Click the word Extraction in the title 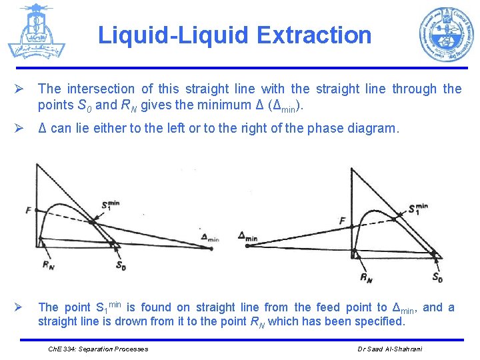click(318, 35)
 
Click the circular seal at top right click(445, 35)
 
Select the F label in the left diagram click(29, 210)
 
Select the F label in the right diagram click(342, 221)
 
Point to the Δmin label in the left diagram click(209, 237)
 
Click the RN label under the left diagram click(49, 265)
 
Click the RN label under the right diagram click(366, 277)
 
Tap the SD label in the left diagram click(121, 266)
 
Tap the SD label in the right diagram click(437, 277)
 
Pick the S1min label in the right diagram click(419, 209)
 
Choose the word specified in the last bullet click(380, 321)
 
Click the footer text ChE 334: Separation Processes click(99, 349)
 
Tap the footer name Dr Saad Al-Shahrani click(390, 349)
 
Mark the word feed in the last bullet click(312, 307)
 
